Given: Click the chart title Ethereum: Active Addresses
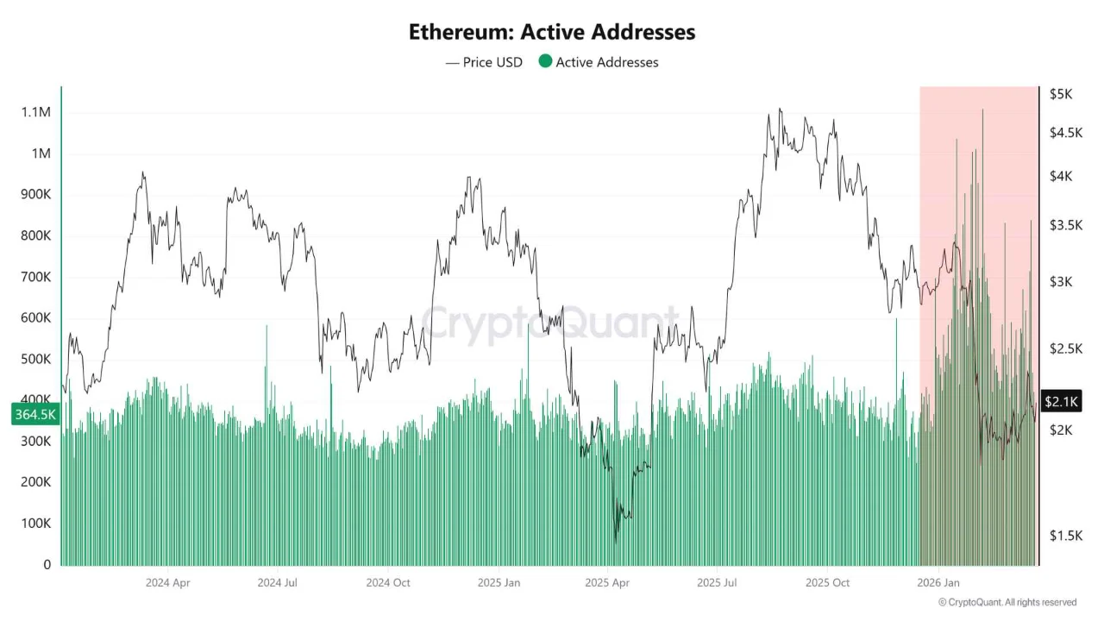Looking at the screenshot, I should point(552,32).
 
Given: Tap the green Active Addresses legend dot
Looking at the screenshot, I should point(545,61).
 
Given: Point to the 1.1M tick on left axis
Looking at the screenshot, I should point(35,112).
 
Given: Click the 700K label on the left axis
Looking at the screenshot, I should point(35,277).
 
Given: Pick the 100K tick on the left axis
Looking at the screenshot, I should point(35,524).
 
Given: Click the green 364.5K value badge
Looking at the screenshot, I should point(34,415).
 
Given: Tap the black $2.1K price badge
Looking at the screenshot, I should point(1061,401).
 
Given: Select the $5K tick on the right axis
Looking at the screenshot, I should point(1060,94).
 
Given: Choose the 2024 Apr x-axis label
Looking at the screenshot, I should point(167,582).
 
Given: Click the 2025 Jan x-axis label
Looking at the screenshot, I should point(499,582).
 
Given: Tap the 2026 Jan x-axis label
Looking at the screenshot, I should point(938,582).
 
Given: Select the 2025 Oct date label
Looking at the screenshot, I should point(828,582).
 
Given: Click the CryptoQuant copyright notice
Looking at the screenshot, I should point(1007,602).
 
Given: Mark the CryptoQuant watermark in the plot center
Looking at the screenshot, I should point(549,325).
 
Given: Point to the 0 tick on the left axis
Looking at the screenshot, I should point(47,565).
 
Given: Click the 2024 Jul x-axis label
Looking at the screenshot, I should point(277,582).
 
